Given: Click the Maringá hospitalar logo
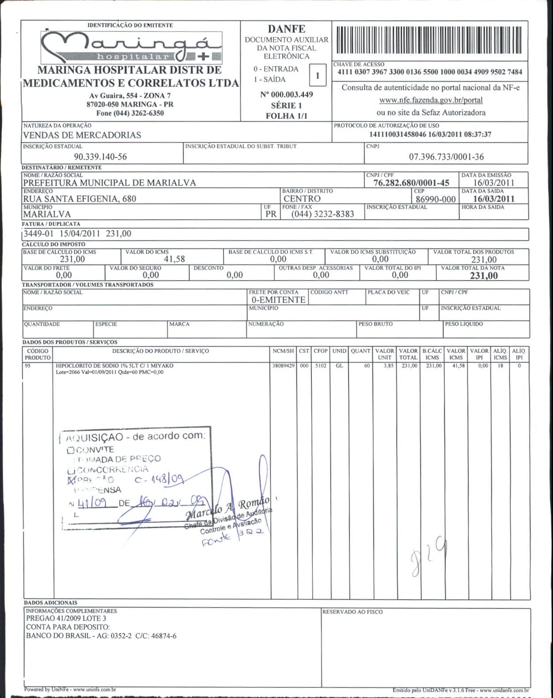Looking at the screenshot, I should pyautogui.click(x=131, y=48).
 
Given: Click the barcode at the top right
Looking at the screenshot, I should pyautogui.click(x=429, y=40).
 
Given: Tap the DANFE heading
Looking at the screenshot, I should pyautogui.click(x=286, y=29).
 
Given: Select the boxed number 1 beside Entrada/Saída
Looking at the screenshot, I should pyautogui.click(x=317, y=75).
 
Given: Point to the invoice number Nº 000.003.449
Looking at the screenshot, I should pyautogui.click(x=286, y=94).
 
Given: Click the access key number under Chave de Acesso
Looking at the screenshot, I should pyautogui.click(x=429, y=72).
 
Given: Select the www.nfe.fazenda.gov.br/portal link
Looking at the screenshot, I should pyautogui.click(x=431, y=100).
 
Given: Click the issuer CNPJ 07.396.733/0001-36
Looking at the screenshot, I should pyautogui.click(x=446, y=157).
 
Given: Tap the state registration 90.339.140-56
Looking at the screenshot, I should pyautogui.click(x=100, y=157).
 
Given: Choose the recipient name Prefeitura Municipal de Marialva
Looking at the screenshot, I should pyautogui.click(x=110, y=183).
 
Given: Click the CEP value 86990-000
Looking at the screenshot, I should pyautogui.click(x=436, y=199).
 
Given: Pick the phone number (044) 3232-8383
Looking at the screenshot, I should pyautogui.click(x=322, y=214).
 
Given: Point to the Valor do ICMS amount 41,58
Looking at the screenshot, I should pyautogui.click(x=174, y=259).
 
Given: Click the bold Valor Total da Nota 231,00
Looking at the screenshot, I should pyautogui.click(x=484, y=276).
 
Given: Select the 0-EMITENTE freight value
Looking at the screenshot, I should pyautogui.click(x=278, y=300).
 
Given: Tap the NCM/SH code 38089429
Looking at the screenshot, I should pyautogui.click(x=283, y=366).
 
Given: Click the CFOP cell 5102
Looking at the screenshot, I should pyautogui.click(x=320, y=366).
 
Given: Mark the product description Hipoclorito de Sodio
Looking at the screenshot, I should pyautogui.click(x=114, y=366).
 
